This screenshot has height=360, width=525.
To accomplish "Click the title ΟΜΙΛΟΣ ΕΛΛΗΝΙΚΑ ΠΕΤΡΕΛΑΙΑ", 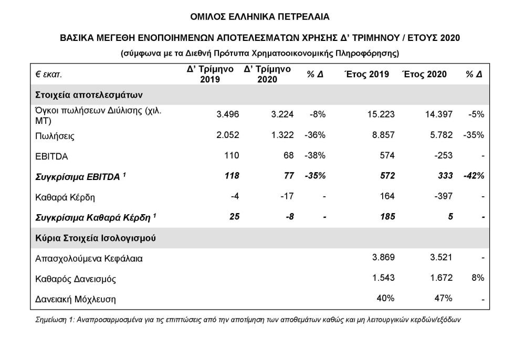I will tap(260, 17).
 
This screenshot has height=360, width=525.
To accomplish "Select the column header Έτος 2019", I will tap(366, 75).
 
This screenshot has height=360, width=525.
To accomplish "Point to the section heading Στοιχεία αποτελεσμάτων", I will tap(89, 95).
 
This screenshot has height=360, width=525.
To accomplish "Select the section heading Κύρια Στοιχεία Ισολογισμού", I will tap(97, 238).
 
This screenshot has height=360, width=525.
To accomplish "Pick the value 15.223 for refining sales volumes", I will tap(381, 115).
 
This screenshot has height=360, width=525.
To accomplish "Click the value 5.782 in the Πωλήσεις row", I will tap(438, 135).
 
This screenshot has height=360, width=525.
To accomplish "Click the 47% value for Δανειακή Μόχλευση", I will tap(443, 299).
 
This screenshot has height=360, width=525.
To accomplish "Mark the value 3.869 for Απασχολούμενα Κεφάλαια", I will tap(382, 258).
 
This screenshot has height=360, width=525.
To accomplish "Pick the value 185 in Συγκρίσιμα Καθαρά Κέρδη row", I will tap(387, 216).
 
